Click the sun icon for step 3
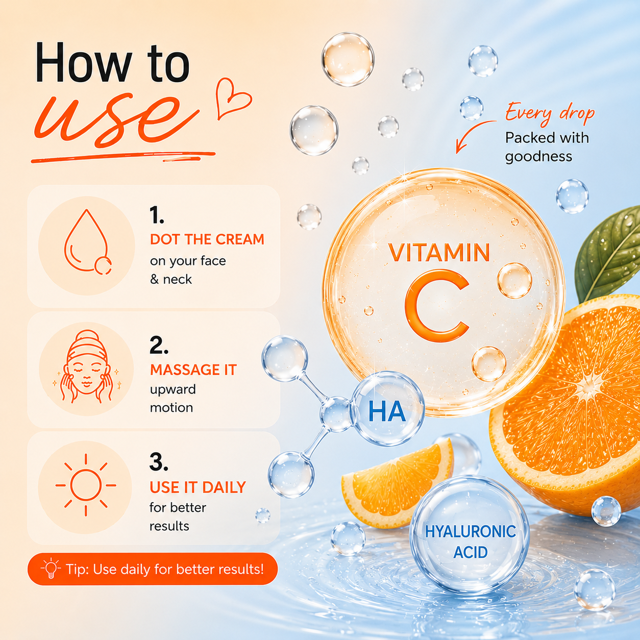(x=86, y=485)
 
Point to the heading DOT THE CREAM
(x=207, y=239)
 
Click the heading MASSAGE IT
(x=193, y=370)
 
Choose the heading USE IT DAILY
(x=198, y=487)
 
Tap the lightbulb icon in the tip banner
(x=51, y=569)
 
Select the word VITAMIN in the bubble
(x=439, y=253)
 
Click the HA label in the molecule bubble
(x=387, y=412)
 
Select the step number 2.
(x=159, y=346)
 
